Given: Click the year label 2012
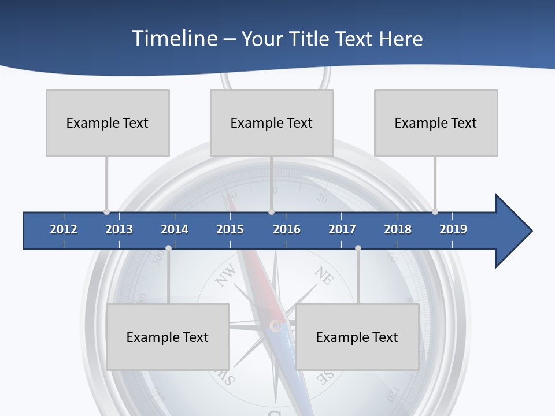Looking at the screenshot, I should tap(64, 229).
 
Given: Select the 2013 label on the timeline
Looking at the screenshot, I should tap(119, 229).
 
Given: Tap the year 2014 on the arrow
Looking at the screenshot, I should tap(175, 229).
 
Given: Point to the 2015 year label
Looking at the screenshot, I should tap(230, 229).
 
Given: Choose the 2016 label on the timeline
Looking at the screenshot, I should tap(287, 229).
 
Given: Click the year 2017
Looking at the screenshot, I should tap(342, 229).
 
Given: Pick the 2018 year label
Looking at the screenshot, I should tap(398, 229).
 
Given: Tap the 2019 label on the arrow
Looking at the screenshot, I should tap(453, 229).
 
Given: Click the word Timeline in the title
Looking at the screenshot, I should tap(173, 39).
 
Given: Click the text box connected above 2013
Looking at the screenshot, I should tap(108, 122).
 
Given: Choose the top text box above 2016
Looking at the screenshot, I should tap(272, 122).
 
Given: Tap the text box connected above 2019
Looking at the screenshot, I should tap(436, 122).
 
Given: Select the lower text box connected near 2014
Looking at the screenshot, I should tap(168, 337).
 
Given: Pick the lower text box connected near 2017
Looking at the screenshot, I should tap(357, 337).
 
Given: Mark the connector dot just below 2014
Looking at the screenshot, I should tap(168, 248).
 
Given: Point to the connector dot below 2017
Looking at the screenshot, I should tap(358, 248).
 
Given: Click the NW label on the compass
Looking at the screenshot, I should tap(226, 275).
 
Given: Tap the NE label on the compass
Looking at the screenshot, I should tap(324, 276).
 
